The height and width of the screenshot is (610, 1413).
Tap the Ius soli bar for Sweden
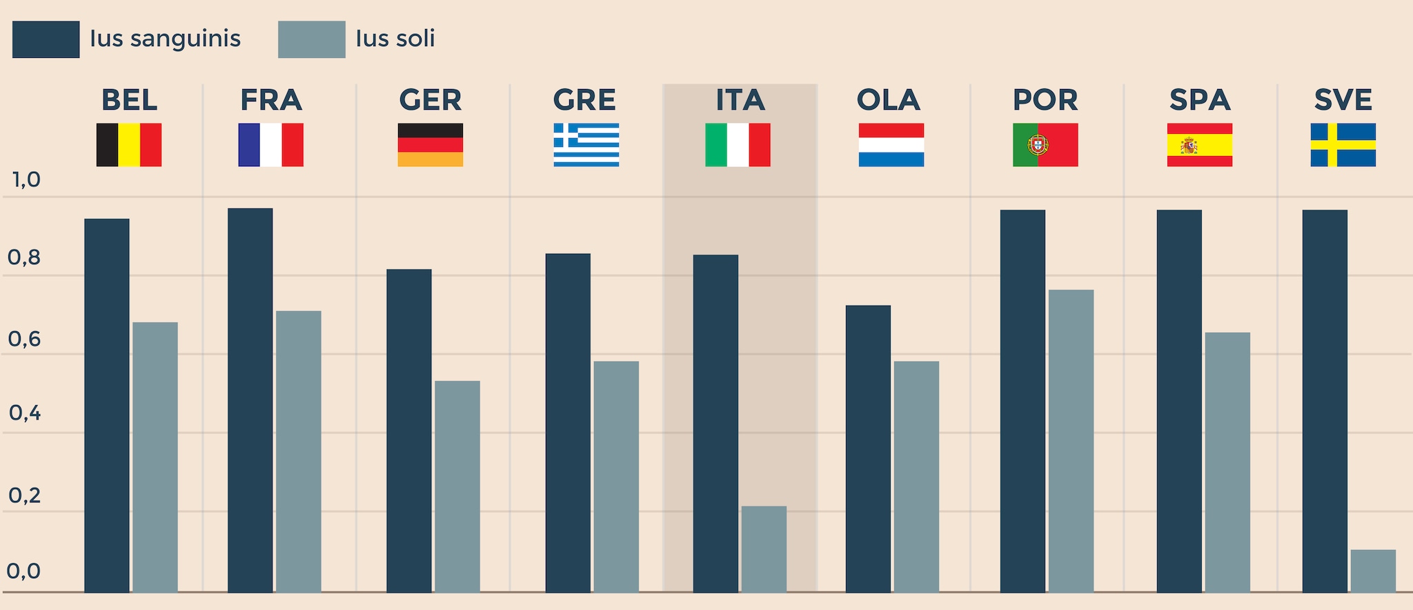(1373, 571)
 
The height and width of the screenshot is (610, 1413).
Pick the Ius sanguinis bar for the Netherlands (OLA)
(868, 449)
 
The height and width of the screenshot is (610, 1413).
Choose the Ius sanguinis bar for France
(250, 400)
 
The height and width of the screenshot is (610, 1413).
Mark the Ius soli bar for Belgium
(155, 457)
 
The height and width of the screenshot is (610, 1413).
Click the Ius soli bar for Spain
(1227, 462)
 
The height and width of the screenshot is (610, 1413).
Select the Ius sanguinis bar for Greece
(568, 422)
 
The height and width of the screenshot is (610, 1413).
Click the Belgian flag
(129, 145)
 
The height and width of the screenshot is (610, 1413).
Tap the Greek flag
(586, 145)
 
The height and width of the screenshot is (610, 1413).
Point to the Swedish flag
(1343, 145)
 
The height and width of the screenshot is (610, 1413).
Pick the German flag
(430, 145)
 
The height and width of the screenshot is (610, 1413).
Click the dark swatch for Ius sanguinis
(46, 39)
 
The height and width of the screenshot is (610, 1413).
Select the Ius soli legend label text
(395, 39)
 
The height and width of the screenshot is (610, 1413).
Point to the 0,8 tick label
(24, 258)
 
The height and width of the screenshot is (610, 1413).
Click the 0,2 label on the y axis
(24, 495)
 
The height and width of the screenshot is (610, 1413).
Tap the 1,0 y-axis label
(26, 180)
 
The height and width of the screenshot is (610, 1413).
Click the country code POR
(1045, 100)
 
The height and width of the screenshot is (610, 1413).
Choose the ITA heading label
(740, 100)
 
